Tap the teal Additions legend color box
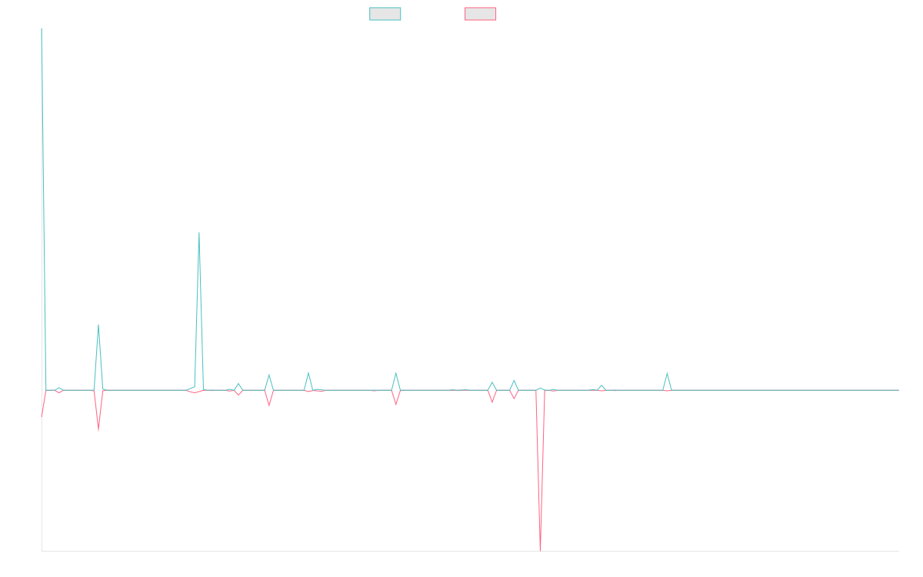(x=385, y=14)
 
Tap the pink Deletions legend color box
(x=480, y=14)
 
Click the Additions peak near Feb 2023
(x=199, y=233)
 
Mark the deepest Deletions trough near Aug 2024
(x=540, y=549)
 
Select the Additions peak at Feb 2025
(x=667, y=375)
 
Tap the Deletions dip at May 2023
(x=269, y=405)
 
